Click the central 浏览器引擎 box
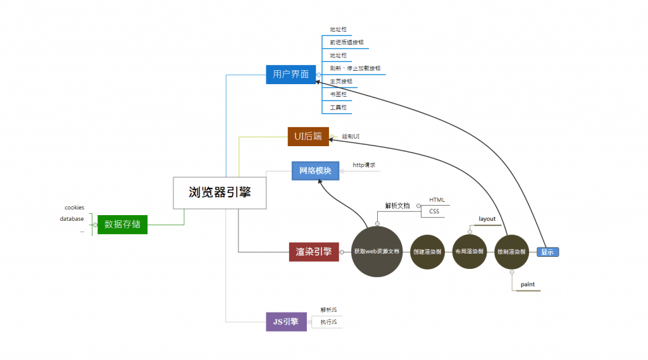220,192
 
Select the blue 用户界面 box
290,74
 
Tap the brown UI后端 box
308,136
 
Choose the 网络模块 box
315,170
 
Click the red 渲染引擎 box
313,251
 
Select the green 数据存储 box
122,224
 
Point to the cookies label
74,208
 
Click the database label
72,219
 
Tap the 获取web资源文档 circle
377,251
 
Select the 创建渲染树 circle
428,251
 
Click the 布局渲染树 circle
469,251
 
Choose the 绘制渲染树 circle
511,251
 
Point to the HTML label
437,200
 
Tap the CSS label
434,211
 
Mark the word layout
487,219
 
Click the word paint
528,285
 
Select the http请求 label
364,165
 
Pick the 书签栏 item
338,94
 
